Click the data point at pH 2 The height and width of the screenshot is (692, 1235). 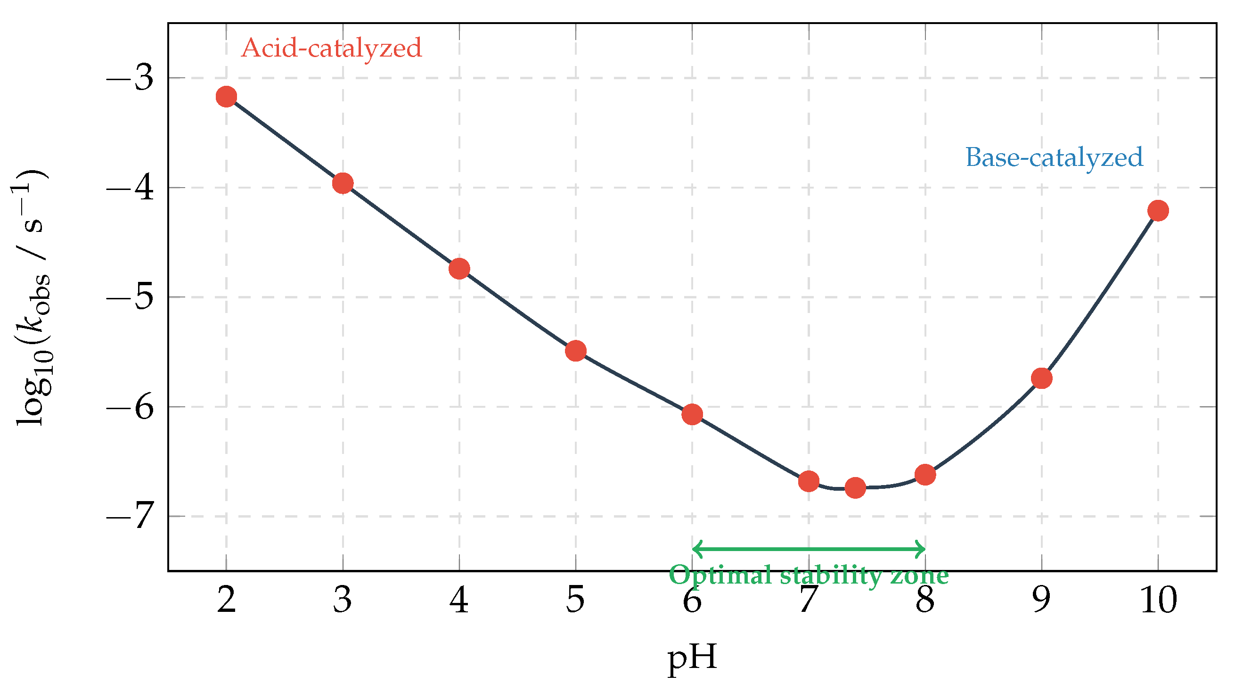[226, 97]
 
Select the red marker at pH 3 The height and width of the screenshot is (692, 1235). [343, 183]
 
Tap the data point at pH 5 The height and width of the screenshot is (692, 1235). [576, 351]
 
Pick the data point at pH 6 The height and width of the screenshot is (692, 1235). [692, 414]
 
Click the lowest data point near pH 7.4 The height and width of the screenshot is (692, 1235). [855, 488]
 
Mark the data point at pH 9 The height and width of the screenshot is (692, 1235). [1042, 379]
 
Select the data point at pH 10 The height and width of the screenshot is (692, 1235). [1158, 211]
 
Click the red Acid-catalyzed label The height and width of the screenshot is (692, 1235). [331, 49]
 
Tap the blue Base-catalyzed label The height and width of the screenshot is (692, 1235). [1054, 158]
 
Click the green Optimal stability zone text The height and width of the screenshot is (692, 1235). [809, 575]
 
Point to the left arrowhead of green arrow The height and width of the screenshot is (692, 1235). [695, 549]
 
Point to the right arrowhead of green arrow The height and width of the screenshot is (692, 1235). [923, 549]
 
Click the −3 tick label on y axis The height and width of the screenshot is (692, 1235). [130, 78]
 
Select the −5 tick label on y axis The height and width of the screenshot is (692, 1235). [130, 297]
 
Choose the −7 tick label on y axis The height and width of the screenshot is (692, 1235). [130, 517]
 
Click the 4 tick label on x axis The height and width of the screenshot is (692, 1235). [459, 600]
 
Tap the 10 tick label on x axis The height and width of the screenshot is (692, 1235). [1158, 600]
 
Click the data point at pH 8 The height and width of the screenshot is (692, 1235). [925, 475]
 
